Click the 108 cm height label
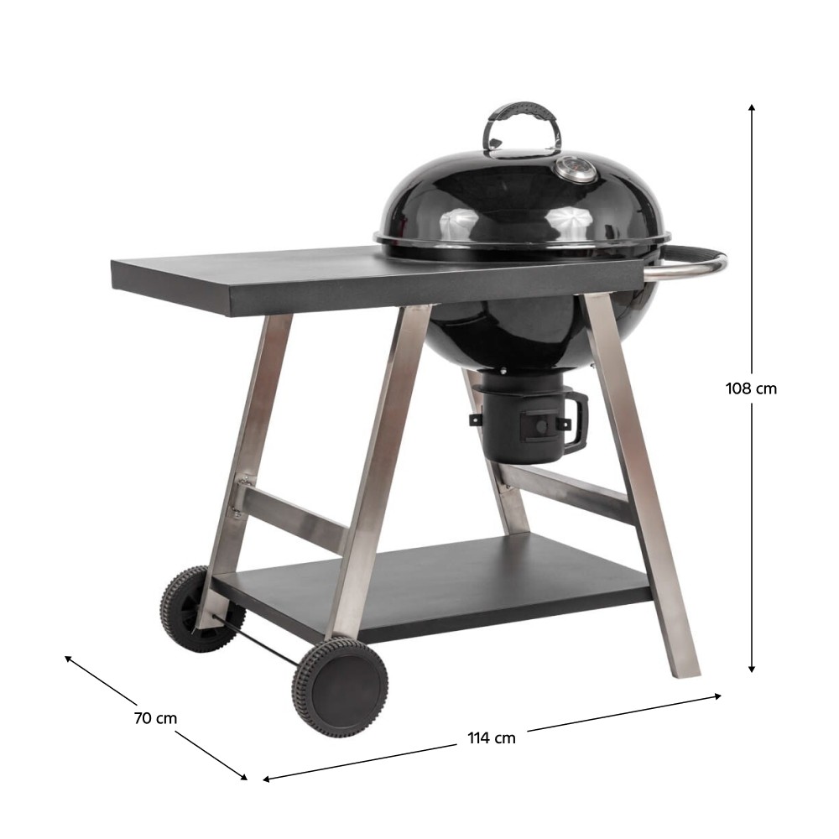pos(751,388)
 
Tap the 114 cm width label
pos(492,737)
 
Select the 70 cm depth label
pos(155,718)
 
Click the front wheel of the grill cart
pos(341,688)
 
